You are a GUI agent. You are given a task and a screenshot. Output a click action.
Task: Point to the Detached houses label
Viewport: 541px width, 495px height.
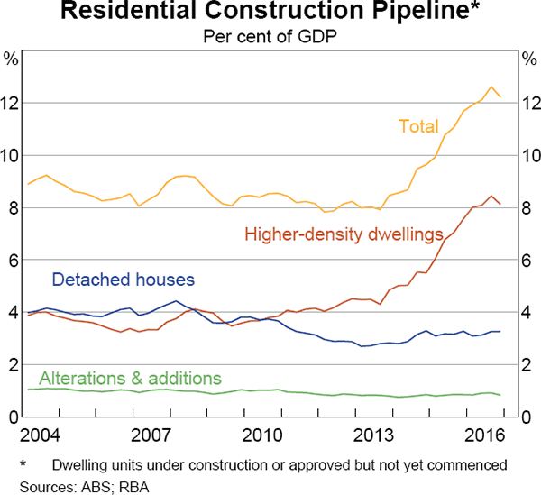[x=124, y=280]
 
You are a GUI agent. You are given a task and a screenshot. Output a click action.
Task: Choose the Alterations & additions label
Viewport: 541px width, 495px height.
[x=131, y=377]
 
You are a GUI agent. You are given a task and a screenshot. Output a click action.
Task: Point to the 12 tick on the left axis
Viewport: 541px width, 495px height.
[x=11, y=104]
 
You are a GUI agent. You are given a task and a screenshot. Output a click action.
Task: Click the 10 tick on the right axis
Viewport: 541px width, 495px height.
[x=529, y=156]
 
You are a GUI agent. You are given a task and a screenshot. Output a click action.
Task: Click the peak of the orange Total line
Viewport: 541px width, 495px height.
[x=491, y=87]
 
